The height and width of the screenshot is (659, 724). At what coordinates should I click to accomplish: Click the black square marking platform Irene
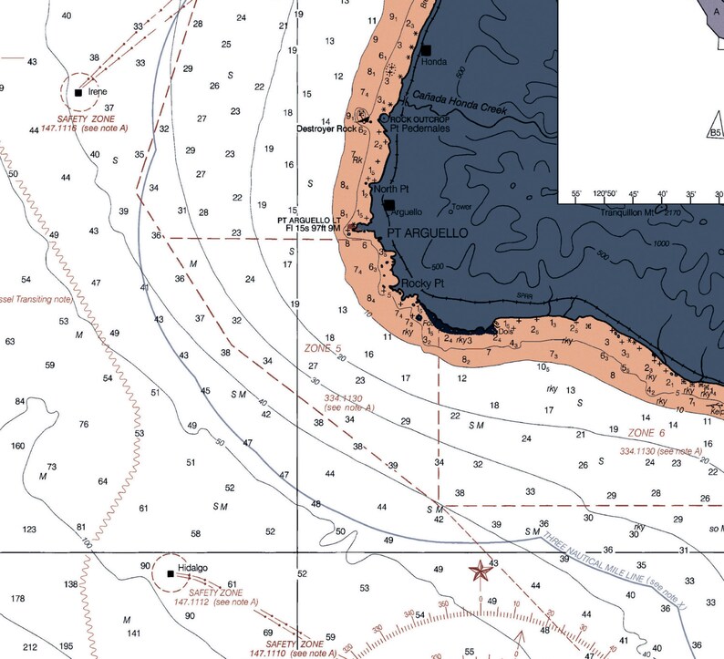click(x=78, y=92)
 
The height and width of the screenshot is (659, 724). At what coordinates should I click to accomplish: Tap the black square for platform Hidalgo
click(x=171, y=573)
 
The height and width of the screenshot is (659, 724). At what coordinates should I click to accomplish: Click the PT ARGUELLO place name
click(x=427, y=234)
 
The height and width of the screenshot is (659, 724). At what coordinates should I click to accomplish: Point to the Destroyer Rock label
click(x=326, y=129)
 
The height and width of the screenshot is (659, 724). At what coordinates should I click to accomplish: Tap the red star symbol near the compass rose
click(x=478, y=571)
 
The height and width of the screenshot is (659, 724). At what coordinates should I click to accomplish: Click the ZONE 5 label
click(x=322, y=348)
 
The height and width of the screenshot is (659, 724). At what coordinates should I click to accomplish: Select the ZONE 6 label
click(x=647, y=432)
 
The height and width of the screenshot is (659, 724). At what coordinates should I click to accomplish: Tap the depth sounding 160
click(x=17, y=446)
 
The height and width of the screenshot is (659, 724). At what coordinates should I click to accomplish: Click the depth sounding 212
click(x=30, y=647)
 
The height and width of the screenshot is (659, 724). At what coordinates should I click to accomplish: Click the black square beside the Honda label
click(x=426, y=50)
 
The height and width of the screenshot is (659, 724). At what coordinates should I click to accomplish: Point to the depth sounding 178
click(x=17, y=598)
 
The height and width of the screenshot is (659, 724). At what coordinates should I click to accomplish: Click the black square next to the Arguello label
click(x=389, y=206)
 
